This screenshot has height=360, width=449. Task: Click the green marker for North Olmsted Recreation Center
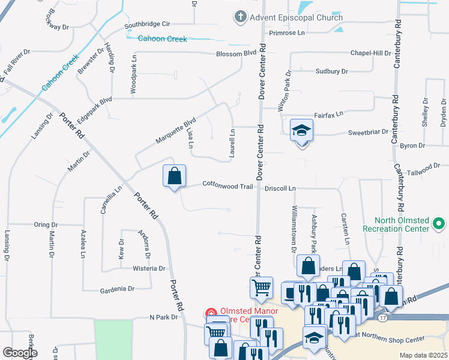439,225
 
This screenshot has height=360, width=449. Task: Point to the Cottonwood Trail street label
228,186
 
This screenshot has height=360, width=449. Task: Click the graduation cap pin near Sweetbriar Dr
301,131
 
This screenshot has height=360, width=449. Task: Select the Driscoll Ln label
280,188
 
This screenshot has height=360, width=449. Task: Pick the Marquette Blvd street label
176,130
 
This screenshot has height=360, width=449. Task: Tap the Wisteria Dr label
149,268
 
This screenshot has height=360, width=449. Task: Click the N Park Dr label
160,317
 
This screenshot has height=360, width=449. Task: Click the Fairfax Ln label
328,113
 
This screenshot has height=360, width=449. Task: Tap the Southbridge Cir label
148,25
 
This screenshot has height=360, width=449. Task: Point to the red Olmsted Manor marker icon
211,313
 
